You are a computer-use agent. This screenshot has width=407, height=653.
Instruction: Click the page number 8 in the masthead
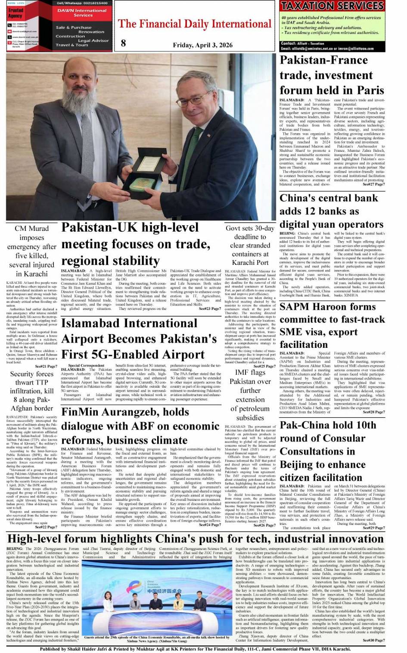click(124, 42)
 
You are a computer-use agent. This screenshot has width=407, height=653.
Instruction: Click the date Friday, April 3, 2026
click(202, 45)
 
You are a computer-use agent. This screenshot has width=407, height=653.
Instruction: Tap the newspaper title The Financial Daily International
click(195, 24)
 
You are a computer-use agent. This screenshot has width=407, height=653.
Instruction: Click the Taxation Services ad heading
click(332, 6)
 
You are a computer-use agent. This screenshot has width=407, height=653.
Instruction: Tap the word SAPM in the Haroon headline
click(298, 307)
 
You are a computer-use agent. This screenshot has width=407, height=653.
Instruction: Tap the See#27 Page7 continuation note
click(373, 184)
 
